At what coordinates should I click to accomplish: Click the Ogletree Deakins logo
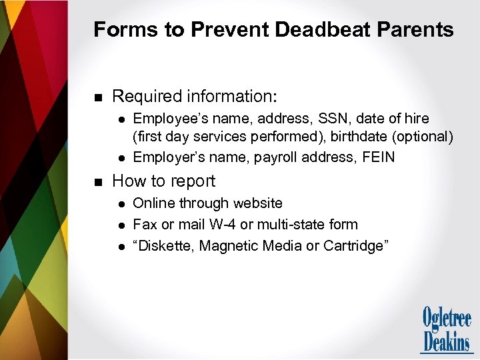[446, 329]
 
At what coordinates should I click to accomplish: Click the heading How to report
[164, 181]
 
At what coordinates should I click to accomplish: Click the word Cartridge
[354, 246]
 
